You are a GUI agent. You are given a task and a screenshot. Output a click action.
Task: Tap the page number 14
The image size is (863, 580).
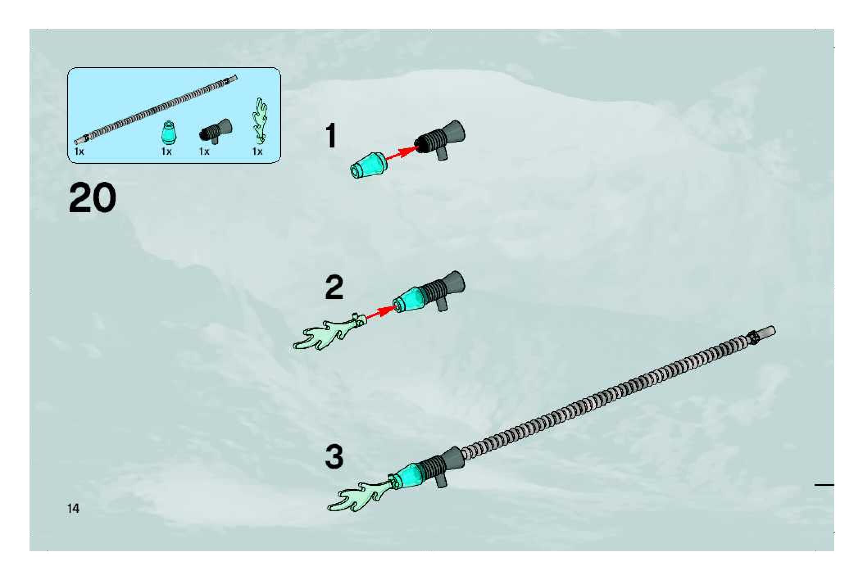[74, 509]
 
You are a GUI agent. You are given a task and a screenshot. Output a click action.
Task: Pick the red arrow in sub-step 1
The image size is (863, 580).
[400, 153]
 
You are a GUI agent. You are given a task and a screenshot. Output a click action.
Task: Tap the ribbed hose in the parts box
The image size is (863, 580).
[156, 108]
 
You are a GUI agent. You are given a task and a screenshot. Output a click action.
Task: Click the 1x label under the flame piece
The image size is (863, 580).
[257, 152]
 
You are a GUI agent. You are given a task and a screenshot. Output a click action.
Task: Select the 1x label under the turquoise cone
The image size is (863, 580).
[166, 152]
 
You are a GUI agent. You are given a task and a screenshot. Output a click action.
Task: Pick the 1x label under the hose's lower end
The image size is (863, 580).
[79, 152]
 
